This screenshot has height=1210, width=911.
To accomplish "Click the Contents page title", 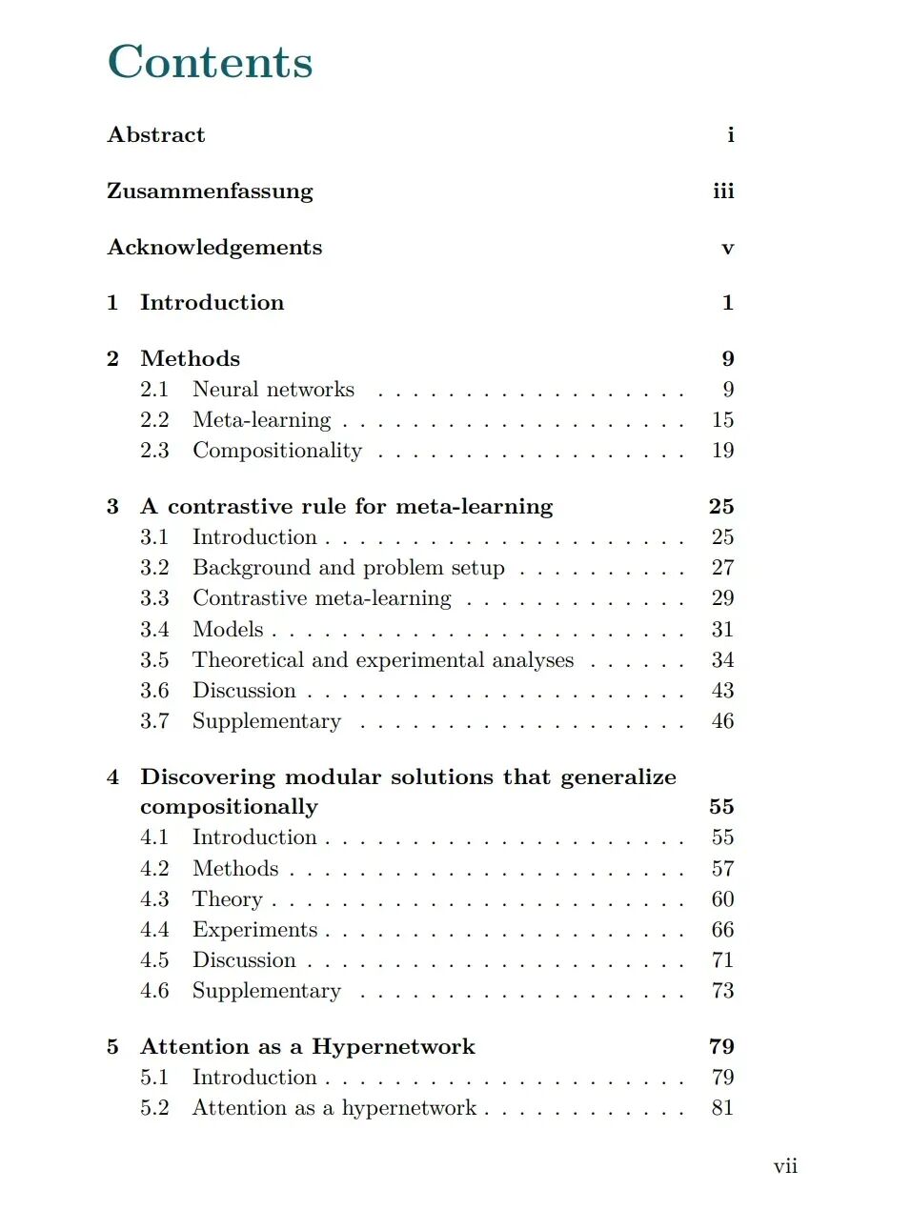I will click(210, 62).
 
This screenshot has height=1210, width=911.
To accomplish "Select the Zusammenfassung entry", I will click(210, 192).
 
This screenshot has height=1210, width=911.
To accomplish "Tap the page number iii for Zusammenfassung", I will click(723, 192).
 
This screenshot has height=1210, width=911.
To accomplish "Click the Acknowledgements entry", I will click(214, 248).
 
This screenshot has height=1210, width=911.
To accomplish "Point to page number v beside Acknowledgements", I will click(727, 249).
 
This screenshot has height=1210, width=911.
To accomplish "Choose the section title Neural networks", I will click(273, 390).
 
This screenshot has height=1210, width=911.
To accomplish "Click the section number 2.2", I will click(154, 420).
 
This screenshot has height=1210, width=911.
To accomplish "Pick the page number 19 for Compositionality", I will click(722, 451).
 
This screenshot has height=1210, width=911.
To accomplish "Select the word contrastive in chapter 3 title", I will click(230, 507).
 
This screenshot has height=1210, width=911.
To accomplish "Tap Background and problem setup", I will click(349, 568).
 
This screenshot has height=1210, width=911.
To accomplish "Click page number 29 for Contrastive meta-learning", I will click(722, 598).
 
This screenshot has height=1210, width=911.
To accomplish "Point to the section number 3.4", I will click(154, 630).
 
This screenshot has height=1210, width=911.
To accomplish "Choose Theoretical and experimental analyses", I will click(383, 660).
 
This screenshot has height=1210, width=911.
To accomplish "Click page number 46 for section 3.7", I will click(722, 721).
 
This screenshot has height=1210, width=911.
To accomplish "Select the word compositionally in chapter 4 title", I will click(229, 807).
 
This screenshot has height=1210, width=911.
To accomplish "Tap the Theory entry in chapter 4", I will click(227, 899).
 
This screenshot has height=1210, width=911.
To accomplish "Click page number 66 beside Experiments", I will click(722, 930).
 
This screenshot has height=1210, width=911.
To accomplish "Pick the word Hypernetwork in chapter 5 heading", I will click(393, 1047).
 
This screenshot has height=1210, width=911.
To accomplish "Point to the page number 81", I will click(722, 1108).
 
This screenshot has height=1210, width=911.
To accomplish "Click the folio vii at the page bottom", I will click(785, 1167).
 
